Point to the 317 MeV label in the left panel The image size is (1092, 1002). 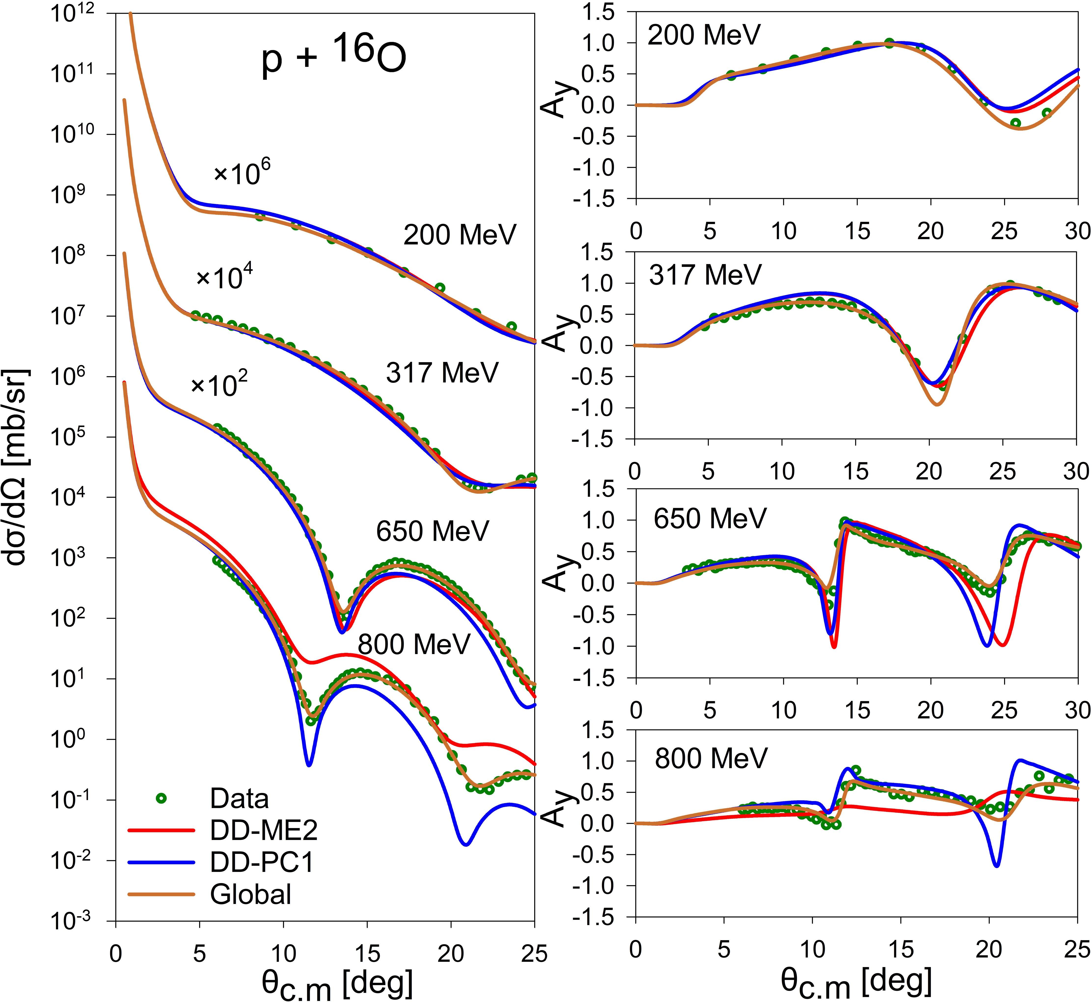(442, 373)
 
